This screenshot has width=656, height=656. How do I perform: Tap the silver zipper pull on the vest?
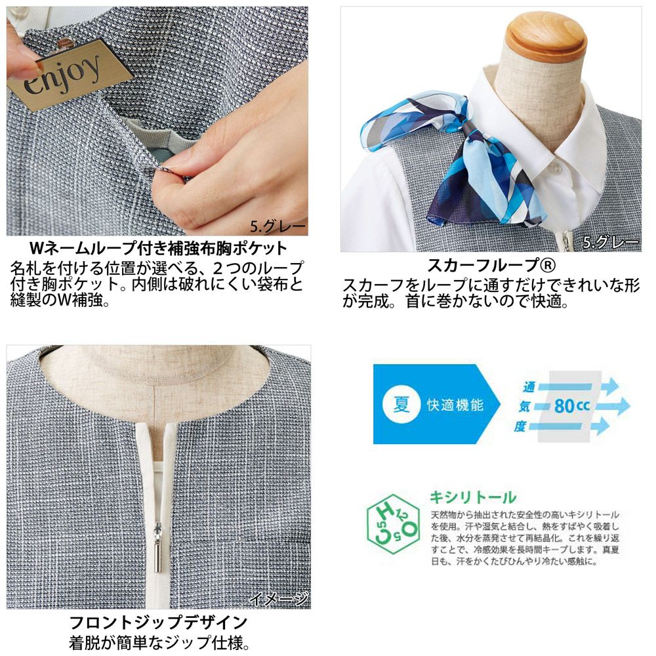coord(158,546)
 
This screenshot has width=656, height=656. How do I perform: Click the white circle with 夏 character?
coord(401,405)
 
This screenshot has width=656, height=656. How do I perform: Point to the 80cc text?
coord(572,405)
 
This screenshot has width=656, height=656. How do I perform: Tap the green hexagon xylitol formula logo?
coord(392,525)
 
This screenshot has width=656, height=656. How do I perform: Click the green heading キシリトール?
coord(473,497)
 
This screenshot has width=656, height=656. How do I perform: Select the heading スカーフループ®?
coord(491,265)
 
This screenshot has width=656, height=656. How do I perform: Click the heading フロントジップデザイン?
coord(159,623)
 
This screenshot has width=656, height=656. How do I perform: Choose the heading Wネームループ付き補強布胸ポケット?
coord(159,248)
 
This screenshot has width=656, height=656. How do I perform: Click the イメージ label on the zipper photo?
coord(279,599)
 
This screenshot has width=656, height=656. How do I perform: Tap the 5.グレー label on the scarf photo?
coord(611,242)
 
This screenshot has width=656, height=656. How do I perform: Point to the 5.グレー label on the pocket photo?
coord(277,227)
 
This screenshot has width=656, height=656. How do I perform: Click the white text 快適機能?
coord(455,405)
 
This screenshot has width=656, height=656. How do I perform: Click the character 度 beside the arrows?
coord(520,426)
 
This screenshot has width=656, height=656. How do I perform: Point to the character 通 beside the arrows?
coord(529,387)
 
